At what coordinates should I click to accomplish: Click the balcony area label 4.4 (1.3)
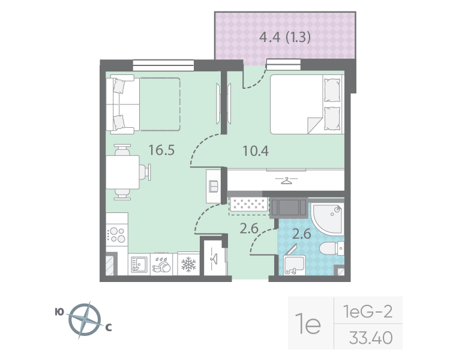(x=284, y=38)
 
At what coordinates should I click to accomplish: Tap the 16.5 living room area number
(x=161, y=150)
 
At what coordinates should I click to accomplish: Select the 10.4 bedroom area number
(x=255, y=150)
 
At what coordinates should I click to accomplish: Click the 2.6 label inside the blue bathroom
(x=301, y=234)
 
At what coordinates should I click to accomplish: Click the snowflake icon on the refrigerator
(x=188, y=263)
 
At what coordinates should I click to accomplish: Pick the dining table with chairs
(x=125, y=172)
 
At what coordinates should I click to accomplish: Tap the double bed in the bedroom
(x=306, y=104)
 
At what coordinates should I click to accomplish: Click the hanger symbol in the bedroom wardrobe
(x=286, y=180)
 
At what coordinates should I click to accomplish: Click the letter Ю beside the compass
(x=59, y=311)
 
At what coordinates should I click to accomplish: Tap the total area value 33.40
(x=370, y=338)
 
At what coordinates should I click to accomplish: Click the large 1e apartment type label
(x=310, y=325)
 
